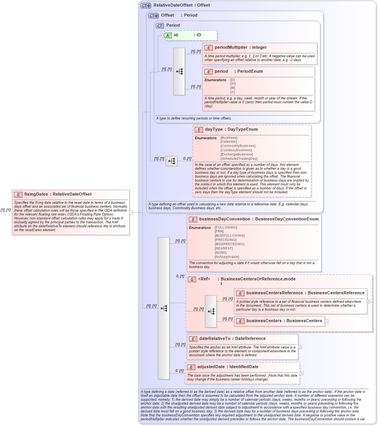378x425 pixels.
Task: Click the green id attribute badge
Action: click(168, 35)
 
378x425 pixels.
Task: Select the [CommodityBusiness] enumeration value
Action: click(238, 146)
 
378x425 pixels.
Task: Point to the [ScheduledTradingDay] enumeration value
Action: click(239, 159)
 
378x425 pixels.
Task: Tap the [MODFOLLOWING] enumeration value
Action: click(229, 236)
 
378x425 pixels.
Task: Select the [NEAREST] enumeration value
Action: click(224, 248)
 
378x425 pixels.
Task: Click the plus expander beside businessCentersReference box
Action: click(369, 301)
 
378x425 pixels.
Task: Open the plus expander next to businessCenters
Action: click(327, 321)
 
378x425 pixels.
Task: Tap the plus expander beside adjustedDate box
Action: click(301, 373)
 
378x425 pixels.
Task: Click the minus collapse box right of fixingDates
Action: click(131, 212)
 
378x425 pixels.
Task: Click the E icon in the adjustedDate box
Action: click(191, 367)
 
